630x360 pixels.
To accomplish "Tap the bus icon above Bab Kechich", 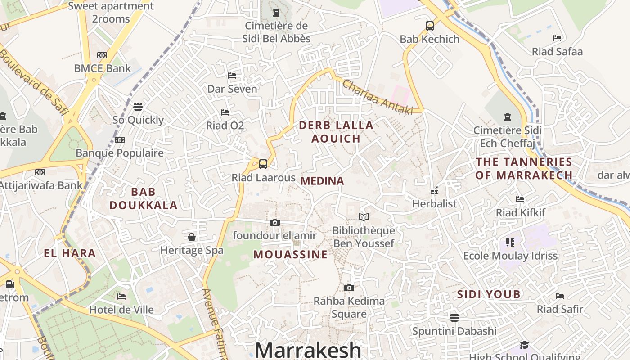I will [430, 26].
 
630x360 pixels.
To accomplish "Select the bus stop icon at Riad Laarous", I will [263, 164].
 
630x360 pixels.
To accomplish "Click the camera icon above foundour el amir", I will [275, 222].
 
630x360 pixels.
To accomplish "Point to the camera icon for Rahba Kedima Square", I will [349, 288].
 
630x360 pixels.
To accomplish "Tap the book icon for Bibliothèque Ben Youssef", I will [364, 217].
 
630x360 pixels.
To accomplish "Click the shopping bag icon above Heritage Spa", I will [192, 237].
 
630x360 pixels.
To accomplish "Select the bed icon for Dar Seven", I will [232, 75].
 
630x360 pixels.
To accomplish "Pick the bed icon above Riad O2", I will [225, 112].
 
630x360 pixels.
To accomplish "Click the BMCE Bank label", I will [102, 68].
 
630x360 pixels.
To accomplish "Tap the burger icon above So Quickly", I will [138, 107].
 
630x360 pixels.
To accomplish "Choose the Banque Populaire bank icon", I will [119, 140].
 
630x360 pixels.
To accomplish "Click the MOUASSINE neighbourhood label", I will [291, 254].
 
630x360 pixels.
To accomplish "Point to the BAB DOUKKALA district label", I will [144, 198].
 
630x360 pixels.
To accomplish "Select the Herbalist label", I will [434, 204].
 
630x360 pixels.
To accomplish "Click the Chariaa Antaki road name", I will [378, 96].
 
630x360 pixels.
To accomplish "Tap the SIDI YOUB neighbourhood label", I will [489, 294].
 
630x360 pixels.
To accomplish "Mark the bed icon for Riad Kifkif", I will [520, 199].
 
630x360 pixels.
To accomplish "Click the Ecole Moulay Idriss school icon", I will [510, 243].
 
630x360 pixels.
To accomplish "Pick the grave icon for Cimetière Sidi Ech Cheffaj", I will [508, 117].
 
